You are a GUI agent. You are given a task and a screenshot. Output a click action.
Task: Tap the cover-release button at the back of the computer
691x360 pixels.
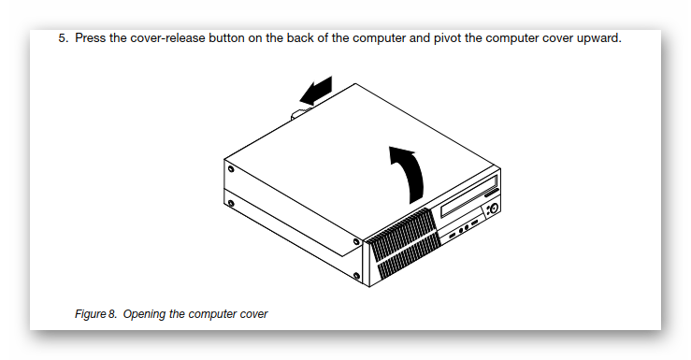pyautogui.click(x=298, y=113)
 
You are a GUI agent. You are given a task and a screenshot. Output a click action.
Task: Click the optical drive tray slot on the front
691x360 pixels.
pyautogui.click(x=469, y=196)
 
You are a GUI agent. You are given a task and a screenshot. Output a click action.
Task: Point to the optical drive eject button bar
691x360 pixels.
pyautogui.click(x=492, y=192)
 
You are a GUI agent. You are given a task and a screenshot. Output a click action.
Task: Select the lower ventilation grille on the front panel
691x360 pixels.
pyautogui.click(x=408, y=260)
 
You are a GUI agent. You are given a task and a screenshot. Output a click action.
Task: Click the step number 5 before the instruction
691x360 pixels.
pyautogui.click(x=63, y=38)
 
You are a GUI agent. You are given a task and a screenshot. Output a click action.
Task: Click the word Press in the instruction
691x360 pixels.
pyautogui.click(x=91, y=38)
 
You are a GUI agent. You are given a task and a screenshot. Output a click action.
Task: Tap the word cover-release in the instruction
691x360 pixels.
pyautogui.click(x=168, y=38)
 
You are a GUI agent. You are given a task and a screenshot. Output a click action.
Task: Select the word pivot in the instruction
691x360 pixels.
pyautogui.click(x=447, y=38)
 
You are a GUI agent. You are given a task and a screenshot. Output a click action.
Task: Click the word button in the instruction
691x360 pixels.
pyautogui.click(x=226, y=38)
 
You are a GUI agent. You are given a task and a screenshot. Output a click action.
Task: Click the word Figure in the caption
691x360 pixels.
pyautogui.click(x=91, y=314)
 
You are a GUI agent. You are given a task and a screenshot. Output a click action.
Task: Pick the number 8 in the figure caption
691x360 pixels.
pyautogui.click(x=112, y=314)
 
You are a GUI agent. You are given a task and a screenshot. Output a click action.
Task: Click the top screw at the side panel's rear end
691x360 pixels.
pyautogui.click(x=230, y=169)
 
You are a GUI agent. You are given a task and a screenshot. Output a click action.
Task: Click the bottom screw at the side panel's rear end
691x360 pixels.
pyautogui.click(x=230, y=203)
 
